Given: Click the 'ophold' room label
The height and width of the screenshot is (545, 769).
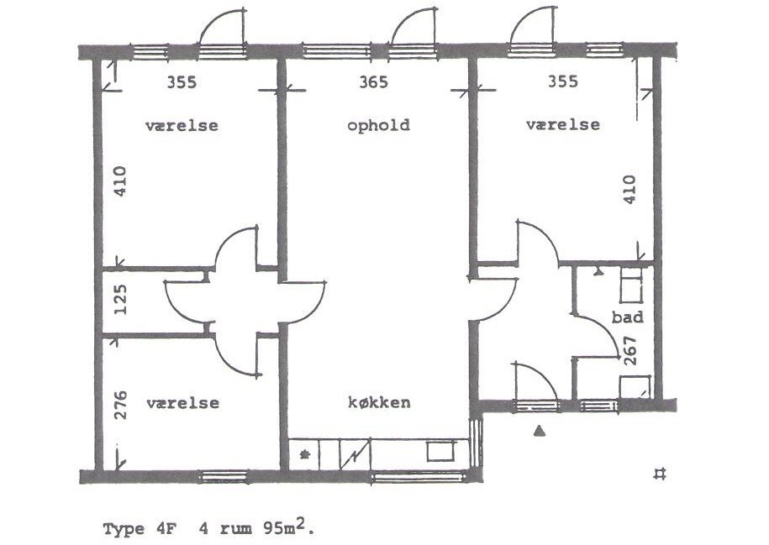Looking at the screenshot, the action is pos(378,125).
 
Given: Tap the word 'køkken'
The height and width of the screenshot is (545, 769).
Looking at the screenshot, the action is pos(379,402).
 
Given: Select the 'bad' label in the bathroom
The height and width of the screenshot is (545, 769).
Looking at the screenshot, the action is pos(627,317).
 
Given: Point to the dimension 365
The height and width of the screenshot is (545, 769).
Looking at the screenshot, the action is pos(373,81).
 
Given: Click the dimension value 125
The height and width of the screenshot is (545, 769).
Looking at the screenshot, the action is pos(120,300).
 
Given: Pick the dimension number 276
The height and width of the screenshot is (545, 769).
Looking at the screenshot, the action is pos(120,405).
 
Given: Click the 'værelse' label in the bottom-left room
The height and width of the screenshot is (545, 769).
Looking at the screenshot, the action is pos(182,403).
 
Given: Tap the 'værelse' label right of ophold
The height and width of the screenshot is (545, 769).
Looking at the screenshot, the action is pos(562,124).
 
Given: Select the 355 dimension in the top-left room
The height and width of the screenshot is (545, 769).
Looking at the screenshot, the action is pos(182,81).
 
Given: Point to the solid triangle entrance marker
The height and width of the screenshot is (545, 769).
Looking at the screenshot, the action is pos(540,430).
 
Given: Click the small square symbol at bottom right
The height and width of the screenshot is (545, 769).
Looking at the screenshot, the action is pos(660,474).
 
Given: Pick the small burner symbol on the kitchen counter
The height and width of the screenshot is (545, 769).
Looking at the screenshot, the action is pos(305,453).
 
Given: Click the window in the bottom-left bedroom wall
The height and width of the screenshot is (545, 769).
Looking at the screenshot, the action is pos(224,476).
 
